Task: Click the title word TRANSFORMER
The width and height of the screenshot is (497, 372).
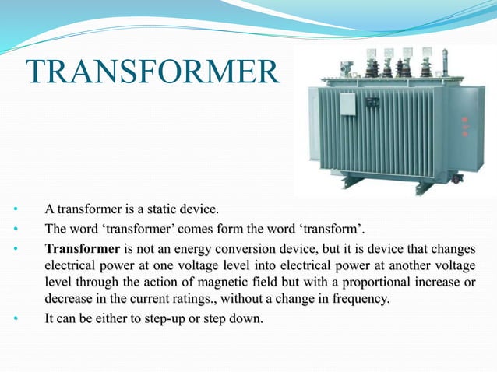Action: click(152, 73)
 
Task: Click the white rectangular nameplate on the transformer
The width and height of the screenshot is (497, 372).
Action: click(347, 104)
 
